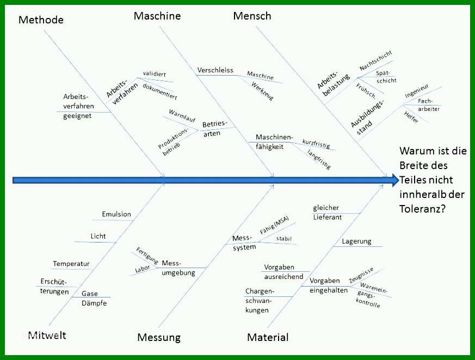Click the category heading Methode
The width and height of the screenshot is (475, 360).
tap(41, 20)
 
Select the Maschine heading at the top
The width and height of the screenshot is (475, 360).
tap(157, 16)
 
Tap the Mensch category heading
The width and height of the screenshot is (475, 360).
tap(252, 16)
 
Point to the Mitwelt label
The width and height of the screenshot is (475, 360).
tap(47, 335)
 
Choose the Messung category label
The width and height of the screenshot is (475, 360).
tap(159, 337)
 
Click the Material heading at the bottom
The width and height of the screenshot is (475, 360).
tap(268, 337)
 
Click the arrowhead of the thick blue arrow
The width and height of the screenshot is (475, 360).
tap(395, 180)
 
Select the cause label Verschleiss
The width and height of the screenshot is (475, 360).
tap(215, 70)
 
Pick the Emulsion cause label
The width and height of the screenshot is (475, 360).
tap(116, 214)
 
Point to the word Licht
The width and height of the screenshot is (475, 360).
tap(98, 236)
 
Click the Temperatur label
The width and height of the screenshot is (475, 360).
tap(71, 264)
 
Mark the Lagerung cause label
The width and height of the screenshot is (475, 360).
tap(356, 241)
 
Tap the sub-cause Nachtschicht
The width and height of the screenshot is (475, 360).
tap(375, 60)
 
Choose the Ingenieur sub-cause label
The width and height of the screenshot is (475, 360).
tap(417, 91)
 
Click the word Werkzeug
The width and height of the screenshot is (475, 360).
tap(262, 91)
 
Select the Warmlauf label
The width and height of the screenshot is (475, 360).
tap(182, 116)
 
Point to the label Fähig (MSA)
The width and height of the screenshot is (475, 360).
tap(274, 225)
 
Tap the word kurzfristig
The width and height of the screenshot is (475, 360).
tap(316, 144)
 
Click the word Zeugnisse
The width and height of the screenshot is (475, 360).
tap(361, 275)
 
